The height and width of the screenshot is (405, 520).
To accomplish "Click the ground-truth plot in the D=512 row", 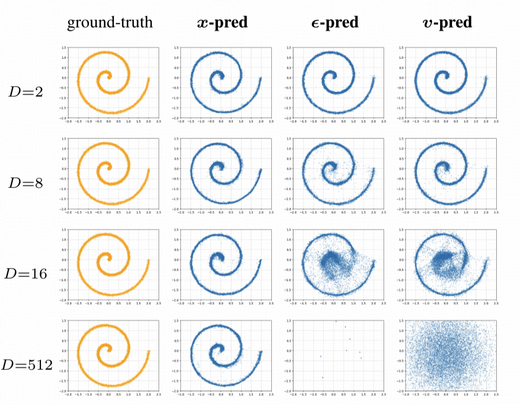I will pos(112,355).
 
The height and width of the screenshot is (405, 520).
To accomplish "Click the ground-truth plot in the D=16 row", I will pos(112,265).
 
